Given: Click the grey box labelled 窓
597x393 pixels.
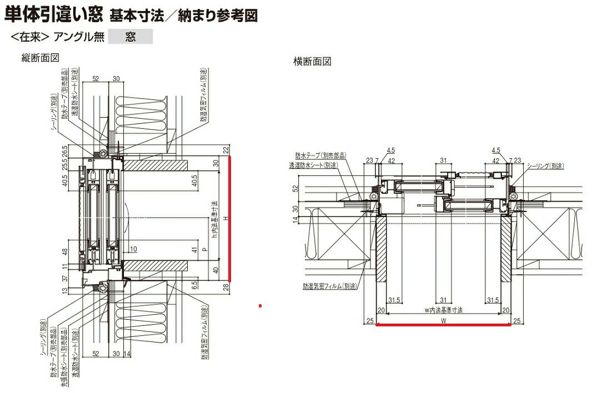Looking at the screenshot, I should [130, 38].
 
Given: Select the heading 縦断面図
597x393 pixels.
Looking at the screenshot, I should [40, 58].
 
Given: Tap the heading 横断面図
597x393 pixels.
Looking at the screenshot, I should [312, 62].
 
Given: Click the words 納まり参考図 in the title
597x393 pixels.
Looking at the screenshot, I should [218, 15].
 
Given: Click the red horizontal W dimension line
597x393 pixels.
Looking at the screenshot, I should [444, 325].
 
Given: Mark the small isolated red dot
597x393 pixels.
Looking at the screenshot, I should [260, 305].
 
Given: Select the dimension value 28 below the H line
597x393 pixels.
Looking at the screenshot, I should [226, 286].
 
